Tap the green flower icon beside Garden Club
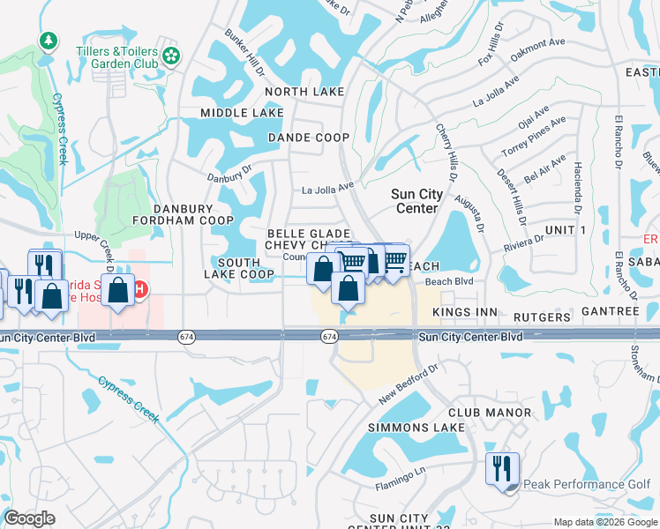[x=171, y=57]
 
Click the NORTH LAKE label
[x=305, y=92]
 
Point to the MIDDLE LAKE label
[x=242, y=113]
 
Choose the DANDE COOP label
[x=309, y=138]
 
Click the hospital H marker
[x=139, y=289]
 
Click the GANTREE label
[x=609, y=312]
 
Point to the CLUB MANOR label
[x=490, y=413]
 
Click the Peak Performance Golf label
[x=587, y=484]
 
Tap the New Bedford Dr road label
[x=409, y=386]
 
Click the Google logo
[x=30, y=518]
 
